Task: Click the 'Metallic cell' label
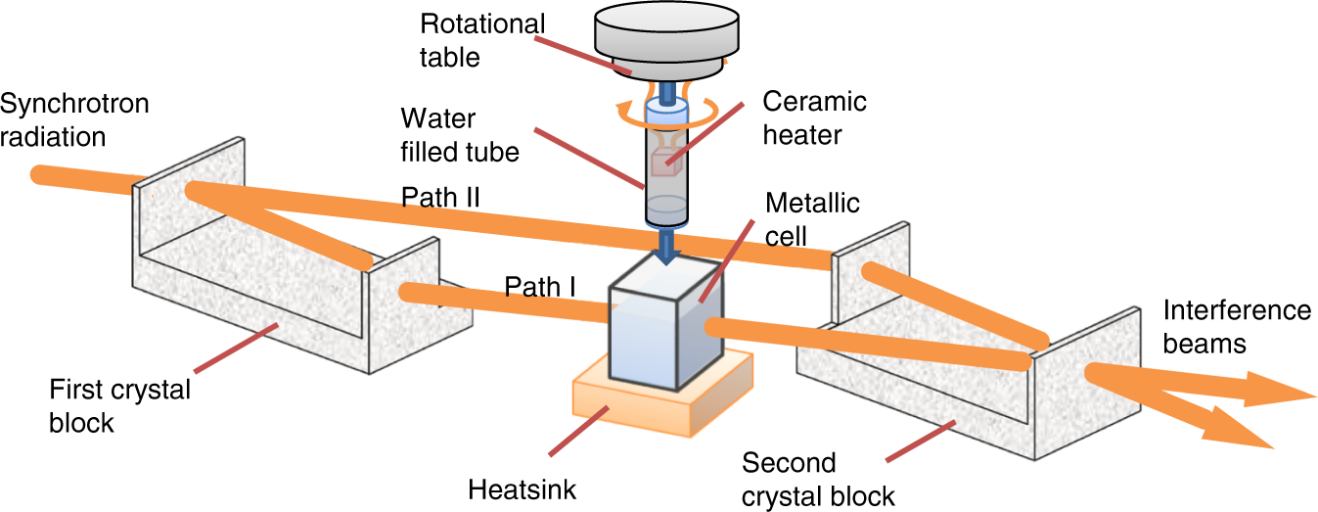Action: pos(812,219)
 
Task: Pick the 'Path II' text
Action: pos(440,197)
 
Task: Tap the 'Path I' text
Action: pos(540,286)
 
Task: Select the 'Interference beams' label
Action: pos(1236,327)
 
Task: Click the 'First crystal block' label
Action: pos(120,405)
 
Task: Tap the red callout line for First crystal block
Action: pos(235,348)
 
